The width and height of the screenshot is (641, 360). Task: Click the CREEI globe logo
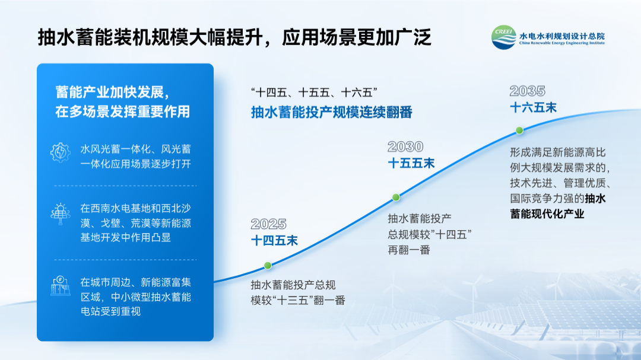pyautogui.click(x=504, y=37)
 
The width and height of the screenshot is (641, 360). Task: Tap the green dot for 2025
pyautogui.click(x=268, y=266)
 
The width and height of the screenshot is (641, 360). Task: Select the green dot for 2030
pyautogui.click(x=396, y=197)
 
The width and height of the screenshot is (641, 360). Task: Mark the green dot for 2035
pyautogui.click(x=519, y=130)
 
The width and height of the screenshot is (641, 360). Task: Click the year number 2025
pyautogui.click(x=269, y=224)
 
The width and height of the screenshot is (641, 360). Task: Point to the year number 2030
pyautogui.click(x=405, y=146)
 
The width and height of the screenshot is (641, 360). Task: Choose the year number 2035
pyautogui.click(x=528, y=91)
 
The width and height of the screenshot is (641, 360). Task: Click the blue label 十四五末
pyautogui.click(x=274, y=241)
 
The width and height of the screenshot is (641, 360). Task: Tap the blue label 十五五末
pyautogui.click(x=411, y=164)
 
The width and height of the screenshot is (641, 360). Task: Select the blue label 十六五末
pyautogui.click(x=533, y=108)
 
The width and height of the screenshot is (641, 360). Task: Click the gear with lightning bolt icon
pyautogui.click(x=61, y=153)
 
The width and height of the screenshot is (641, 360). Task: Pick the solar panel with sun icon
pyautogui.click(x=61, y=214)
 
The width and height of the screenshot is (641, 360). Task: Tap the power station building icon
pyautogui.click(x=61, y=286)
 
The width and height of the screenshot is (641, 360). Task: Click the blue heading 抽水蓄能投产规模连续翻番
pyautogui.click(x=332, y=112)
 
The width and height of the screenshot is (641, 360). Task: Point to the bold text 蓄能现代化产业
pyautogui.click(x=547, y=214)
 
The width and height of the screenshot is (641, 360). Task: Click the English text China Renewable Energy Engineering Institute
pyautogui.click(x=561, y=43)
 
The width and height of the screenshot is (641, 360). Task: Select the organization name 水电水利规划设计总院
pyautogui.click(x=561, y=36)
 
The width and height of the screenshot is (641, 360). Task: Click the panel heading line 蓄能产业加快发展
pyautogui.click(x=112, y=93)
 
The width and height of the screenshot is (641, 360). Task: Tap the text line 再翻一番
pyautogui.click(x=409, y=250)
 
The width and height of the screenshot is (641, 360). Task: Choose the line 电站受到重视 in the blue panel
pyautogui.click(x=110, y=311)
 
